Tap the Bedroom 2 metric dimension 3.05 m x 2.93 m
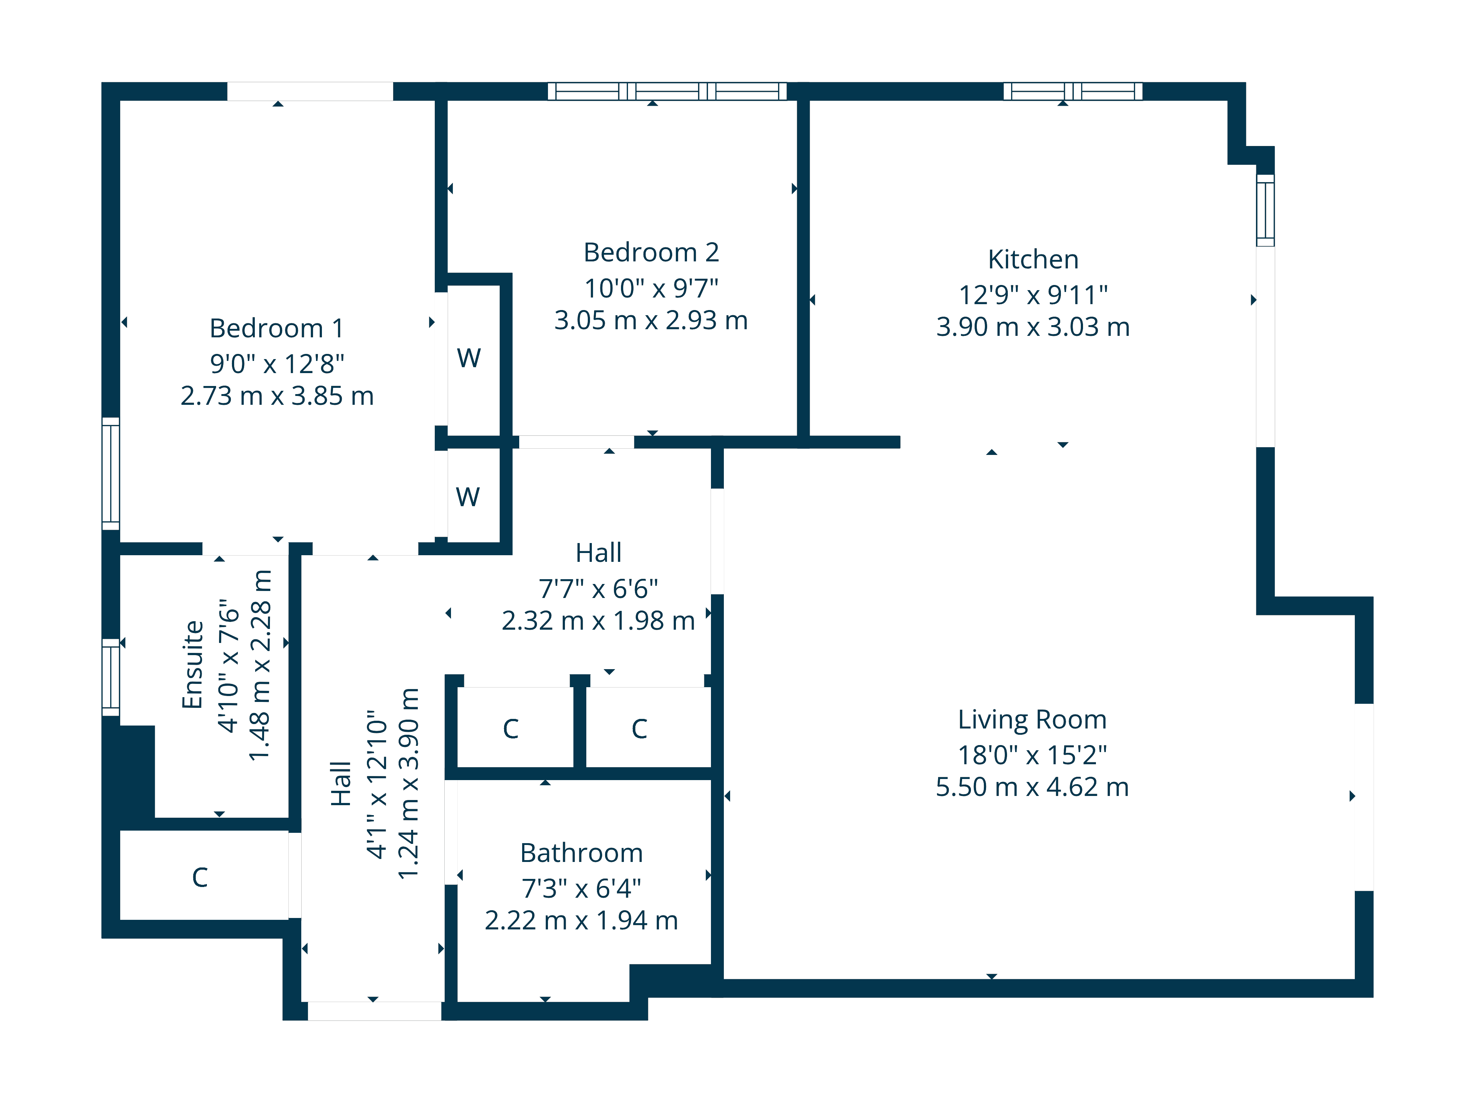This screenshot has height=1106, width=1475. pos(651,321)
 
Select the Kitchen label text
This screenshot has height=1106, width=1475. pos(1033,259)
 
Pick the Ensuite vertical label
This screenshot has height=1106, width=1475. pos(193,665)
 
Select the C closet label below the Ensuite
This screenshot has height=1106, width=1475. pos(200,877)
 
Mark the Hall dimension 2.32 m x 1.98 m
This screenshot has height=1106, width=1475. pos(598,621)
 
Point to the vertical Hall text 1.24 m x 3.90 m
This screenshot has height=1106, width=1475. pos(408,784)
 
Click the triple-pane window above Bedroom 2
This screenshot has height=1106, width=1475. pos(667,91)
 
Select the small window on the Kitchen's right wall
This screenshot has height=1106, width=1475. pos(1265,210)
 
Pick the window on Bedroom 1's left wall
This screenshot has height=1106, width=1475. pos(111,473)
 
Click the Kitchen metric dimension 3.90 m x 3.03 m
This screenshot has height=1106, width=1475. pos(1033,327)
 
